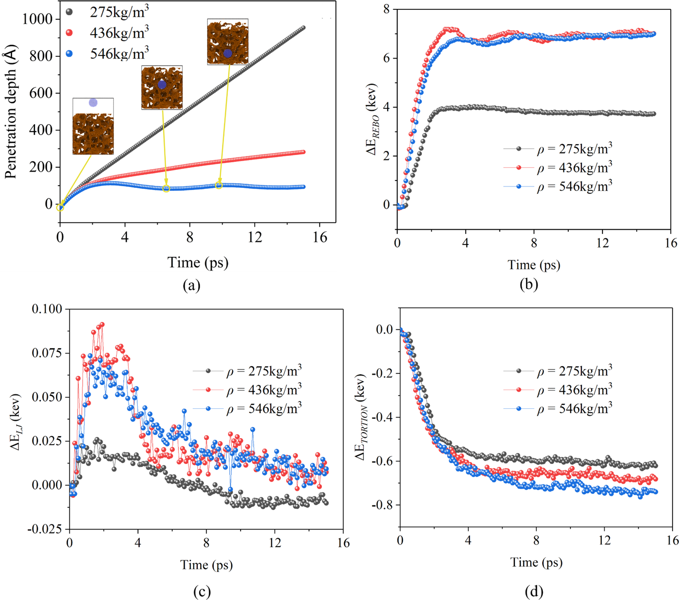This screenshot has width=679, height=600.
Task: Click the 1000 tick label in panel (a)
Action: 37,19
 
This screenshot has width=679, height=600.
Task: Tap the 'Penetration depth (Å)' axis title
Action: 11,111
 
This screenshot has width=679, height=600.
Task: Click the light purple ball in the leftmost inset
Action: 93,103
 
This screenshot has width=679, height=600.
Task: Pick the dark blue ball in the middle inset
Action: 162,85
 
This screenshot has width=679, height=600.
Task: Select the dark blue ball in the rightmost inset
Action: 228,53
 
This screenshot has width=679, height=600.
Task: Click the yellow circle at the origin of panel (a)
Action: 60,208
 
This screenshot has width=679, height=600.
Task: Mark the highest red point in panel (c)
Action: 102,325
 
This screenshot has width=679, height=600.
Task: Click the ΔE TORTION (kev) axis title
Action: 361,417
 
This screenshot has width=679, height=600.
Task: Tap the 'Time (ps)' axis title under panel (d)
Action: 536,562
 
